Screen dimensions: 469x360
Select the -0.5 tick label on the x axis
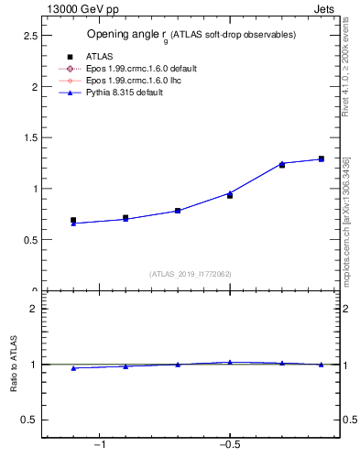228,445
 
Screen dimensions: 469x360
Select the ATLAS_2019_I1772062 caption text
191,273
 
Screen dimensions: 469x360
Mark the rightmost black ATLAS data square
321,159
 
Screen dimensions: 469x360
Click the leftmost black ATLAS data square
73,221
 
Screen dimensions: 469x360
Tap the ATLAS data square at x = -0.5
230,195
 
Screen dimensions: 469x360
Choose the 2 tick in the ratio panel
32,309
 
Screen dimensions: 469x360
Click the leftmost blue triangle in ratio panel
73,368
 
